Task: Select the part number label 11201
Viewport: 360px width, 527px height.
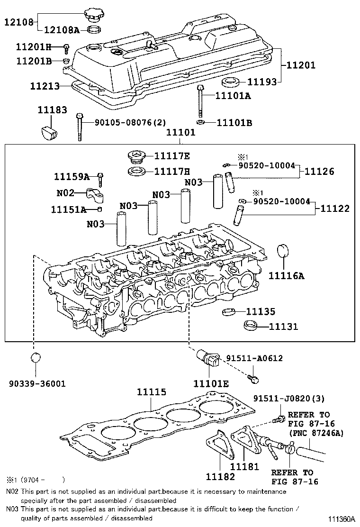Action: click(x=300, y=65)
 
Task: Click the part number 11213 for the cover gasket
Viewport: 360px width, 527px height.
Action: click(x=45, y=86)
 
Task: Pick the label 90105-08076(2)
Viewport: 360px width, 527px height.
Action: click(x=130, y=122)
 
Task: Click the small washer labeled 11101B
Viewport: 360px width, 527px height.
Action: click(x=200, y=123)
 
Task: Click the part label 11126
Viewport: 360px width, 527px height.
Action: click(x=318, y=172)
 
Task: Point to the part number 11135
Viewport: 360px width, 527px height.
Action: click(x=261, y=311)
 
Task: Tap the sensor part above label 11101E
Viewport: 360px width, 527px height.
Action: click(x=209, y=361)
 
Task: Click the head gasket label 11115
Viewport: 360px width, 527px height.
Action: click(x=152, y=392)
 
